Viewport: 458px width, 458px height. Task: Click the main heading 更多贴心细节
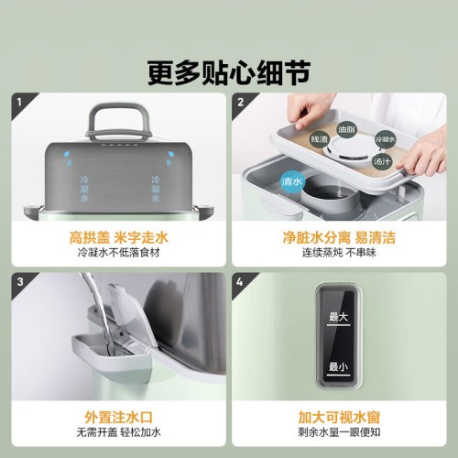click(229, 70)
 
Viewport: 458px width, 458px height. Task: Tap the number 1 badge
click(19, 103)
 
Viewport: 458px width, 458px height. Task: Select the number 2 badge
click(239, 103)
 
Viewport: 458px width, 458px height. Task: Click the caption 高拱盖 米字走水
click(117, 236)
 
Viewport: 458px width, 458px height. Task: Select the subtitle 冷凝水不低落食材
click(117, 252)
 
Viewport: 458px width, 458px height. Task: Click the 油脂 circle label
click(347, 130)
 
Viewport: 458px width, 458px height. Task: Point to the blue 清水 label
click(292, 179)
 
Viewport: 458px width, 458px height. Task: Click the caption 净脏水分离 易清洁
click(340, 236)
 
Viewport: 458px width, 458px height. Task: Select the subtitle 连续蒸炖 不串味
click(340, 252)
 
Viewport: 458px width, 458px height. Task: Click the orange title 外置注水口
click(117, 415)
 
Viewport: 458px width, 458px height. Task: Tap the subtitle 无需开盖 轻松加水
click(117, 431)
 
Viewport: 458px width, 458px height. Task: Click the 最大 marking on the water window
click(339, 318)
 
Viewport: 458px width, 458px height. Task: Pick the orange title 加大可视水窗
click(340, 415)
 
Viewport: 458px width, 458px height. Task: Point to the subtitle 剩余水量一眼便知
click(340, 431)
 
